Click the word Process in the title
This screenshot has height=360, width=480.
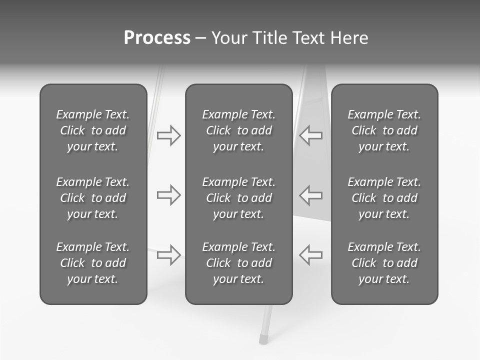(x=157, y=38)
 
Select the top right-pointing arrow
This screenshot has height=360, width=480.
(x=169, y=135)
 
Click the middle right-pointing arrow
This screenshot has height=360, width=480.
(x=169, y=195)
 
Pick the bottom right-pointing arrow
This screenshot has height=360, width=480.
(x=169, y=255)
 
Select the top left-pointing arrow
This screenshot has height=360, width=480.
(x=310, y=135)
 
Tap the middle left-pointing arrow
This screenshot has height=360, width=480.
(x=310, y=195)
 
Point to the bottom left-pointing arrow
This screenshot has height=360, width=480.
(x=310, y=255)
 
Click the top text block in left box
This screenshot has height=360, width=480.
(x=93, y=130)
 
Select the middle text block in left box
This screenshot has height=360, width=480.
(x=93, y=198)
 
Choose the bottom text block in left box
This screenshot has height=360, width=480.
(x=93, y=263)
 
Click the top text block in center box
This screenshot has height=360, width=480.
(x=238, y=130)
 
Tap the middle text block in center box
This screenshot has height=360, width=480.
(x=238, y=198)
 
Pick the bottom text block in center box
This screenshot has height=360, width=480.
(x=238, y=263)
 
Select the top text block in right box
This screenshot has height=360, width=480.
(x=384, y=130)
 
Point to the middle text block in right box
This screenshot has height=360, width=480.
(x=384, y=198)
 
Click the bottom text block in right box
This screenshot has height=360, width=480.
(x=384, y=263)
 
